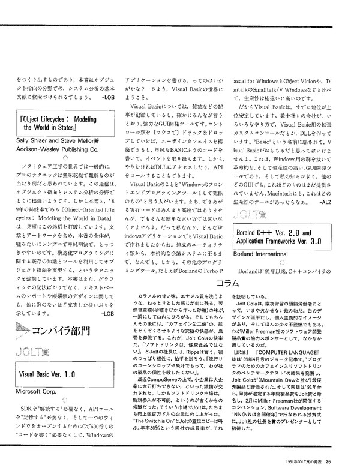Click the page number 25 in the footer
pos(338,461)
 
